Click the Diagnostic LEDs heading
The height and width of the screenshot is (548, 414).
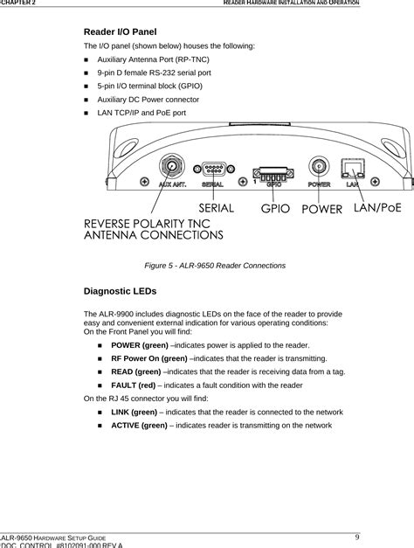click(x=120, y=289)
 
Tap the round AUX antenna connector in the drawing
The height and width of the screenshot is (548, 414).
click(x=172, y=167)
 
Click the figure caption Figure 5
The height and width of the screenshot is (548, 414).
click(x=207, y=264)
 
